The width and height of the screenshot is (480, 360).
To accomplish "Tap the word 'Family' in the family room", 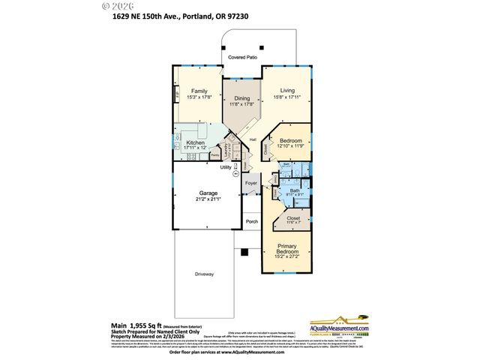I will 199,91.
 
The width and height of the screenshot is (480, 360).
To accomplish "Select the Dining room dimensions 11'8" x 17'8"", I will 241,104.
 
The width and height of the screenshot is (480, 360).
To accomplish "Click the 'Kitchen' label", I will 196,142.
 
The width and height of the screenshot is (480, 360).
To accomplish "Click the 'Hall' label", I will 253,139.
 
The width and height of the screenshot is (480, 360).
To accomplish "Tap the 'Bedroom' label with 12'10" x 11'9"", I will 290,140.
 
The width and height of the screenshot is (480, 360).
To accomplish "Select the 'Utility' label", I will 225,167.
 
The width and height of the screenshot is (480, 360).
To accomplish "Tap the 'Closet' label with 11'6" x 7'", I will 293,218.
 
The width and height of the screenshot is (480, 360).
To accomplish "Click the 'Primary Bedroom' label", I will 286,249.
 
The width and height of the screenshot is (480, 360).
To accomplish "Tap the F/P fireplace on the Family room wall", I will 178,94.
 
